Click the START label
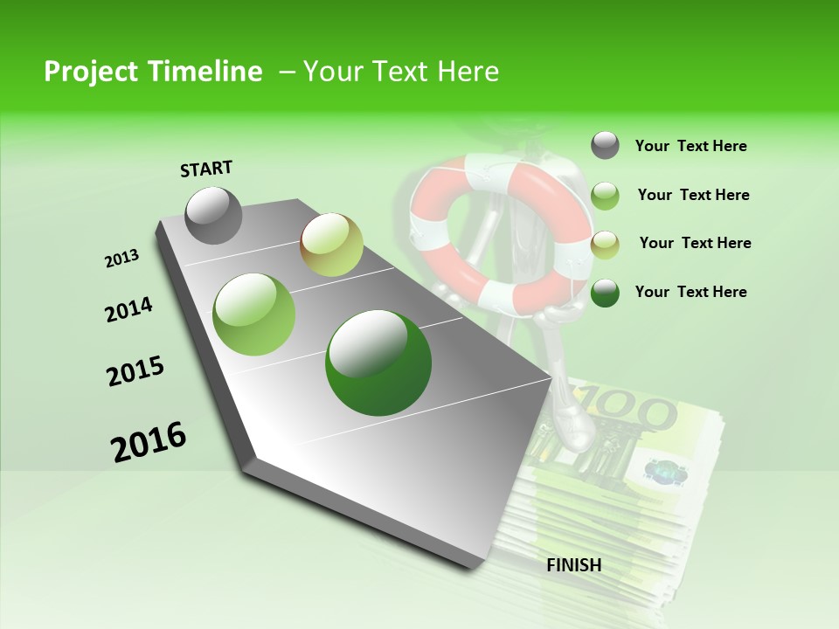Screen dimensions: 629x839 point(206,168)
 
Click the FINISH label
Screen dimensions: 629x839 point(574,565)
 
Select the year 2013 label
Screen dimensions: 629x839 point(122,259)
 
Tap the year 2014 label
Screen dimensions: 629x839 point(129,310)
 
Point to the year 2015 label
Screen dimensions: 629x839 point(135,371)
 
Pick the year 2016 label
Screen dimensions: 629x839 point(149,442)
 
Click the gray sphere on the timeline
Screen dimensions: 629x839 point(214,215)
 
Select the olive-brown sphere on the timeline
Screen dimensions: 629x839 point(331,245)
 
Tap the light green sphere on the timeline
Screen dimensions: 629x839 point(254,314)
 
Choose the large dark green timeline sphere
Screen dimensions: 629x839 point(378,363)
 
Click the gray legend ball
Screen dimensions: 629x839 point(605,145)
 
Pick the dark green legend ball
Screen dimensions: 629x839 point(605,292)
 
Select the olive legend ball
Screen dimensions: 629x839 point(605,244)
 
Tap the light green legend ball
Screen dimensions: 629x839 point(605,195)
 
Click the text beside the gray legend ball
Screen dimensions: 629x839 point(690,146)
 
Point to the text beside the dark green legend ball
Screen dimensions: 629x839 point(690,292)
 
